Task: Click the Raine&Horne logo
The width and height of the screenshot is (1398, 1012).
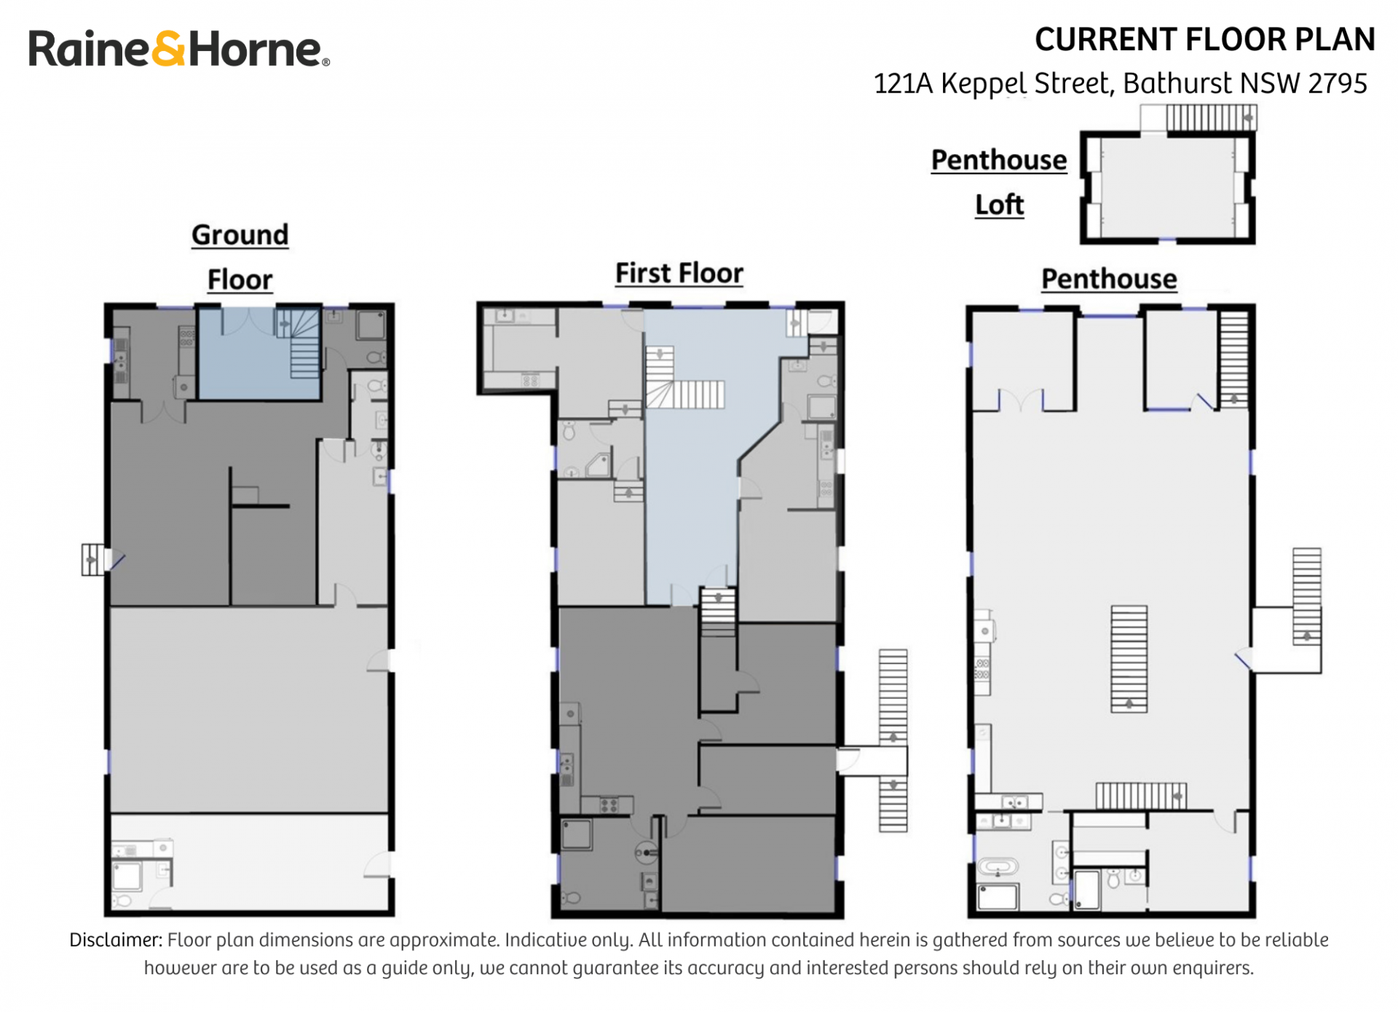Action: pos(179,49)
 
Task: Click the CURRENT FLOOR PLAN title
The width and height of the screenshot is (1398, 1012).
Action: pos(1204,39)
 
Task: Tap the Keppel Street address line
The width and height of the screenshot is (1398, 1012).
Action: pos(1120,84)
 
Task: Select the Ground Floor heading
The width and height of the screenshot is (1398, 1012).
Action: pos(240,257)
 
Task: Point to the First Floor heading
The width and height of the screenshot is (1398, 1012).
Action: pos(679,274)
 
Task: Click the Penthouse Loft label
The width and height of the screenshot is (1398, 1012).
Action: pos(999,182)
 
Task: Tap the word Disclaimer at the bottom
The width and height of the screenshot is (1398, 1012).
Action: pos(116,940)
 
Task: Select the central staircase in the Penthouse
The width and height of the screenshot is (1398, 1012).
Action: pos(1129,659)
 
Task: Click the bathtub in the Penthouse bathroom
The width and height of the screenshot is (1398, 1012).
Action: pos(997,867)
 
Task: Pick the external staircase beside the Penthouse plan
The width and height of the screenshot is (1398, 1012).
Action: pos(1306,596)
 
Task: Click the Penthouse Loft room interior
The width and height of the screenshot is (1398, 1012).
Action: pos(1167,187)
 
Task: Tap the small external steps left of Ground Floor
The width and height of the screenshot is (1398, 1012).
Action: pos(92,560)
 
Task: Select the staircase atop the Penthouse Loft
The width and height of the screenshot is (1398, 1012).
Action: pos(1211,117)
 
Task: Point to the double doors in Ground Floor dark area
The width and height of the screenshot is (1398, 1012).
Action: pos(163,410)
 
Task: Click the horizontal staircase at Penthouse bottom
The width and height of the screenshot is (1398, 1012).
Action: pos(1141,796)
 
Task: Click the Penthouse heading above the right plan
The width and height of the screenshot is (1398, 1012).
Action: pos(1109,279)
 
